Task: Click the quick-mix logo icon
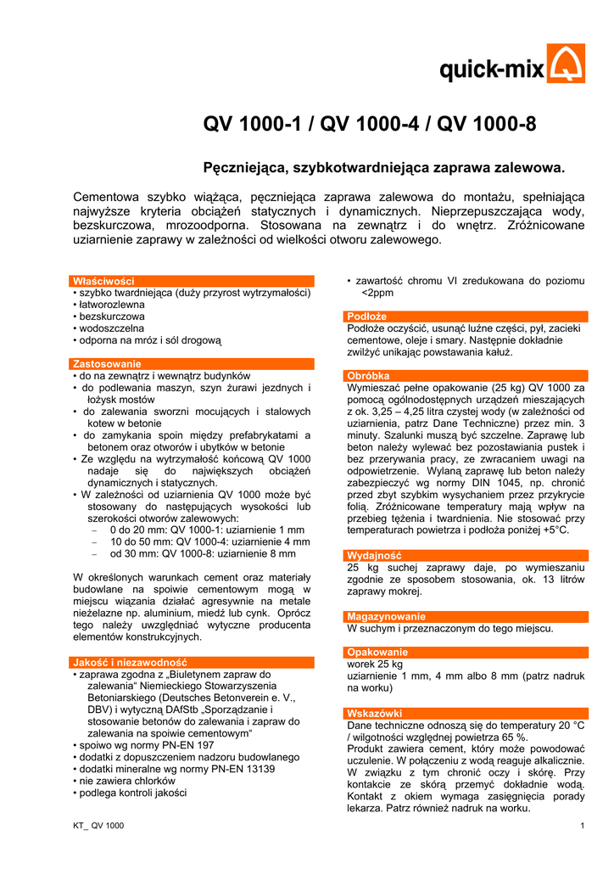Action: click(x=565, y=64)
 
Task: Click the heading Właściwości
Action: click(x=103, y=280)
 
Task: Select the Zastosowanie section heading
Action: click(x=106, y=363)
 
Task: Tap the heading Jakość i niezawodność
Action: click(x=130, y=662)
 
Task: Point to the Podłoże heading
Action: click(x=367, y=317)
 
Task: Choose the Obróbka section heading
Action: click(x=368, y=375)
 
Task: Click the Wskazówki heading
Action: click(x=374, y=713)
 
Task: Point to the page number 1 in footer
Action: click(x=583, y=826)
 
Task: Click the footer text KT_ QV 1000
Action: click(x=98, y=826)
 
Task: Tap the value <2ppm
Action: click(x=378, y=293)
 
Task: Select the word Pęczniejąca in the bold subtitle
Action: click(x=248, y=169)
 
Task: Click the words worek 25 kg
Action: click(x=375, y=664)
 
